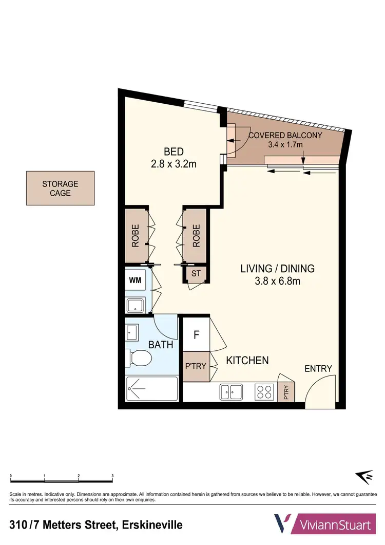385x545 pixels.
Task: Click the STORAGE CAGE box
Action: [61, 188]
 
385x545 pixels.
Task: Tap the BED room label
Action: [174, 152]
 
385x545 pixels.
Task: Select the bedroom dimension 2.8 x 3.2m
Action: [174, 164]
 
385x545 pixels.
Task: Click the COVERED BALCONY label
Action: [285, 136]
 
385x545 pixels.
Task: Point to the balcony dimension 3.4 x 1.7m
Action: [285, 145]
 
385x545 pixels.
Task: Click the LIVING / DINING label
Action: [277, 268]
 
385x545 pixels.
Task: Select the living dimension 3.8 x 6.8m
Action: [277, 281]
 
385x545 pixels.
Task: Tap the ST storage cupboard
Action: [196, 274]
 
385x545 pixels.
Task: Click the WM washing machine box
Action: [136, 280]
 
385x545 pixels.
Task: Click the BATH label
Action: [161, 345]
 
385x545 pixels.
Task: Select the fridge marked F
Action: [196, 335]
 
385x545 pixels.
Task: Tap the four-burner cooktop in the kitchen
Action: [265, 392]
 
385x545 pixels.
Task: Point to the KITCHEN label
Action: [247, 361]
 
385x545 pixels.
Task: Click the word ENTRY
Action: [318, 368]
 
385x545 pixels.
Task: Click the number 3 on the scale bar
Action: [112, 476]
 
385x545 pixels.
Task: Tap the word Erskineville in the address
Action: [151, 525]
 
